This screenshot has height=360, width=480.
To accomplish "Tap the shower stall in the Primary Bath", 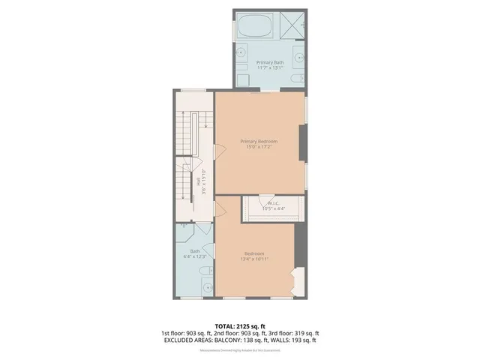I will (x=291, y=25).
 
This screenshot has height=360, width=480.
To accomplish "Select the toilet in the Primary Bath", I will (x=298, y=77).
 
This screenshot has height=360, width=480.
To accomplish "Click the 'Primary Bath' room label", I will (x=268, y=62).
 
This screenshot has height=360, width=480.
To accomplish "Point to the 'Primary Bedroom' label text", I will (x=259, y=141).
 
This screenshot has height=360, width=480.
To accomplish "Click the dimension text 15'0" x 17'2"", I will (x=259, y=147).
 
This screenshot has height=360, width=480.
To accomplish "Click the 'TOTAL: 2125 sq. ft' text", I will (x=240, y=326).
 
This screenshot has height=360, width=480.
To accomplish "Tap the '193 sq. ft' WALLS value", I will (x=301, y=340).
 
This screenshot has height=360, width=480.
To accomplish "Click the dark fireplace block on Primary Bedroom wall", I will (x=303, y=142).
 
